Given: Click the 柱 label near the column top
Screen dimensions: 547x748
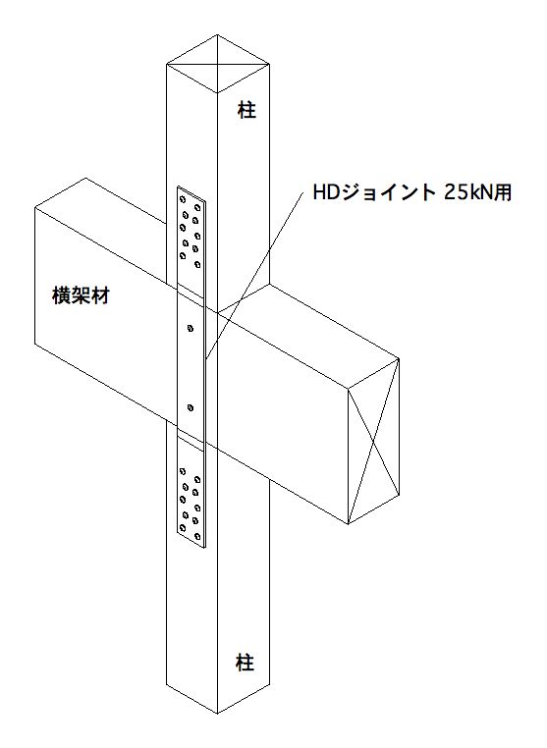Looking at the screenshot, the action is coord(246,110).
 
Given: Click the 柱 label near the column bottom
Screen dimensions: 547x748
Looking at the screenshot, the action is coord(245,663).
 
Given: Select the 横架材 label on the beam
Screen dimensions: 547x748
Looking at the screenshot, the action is coord(81,295).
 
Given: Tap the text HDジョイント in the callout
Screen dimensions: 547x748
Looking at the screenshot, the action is coord(374,192).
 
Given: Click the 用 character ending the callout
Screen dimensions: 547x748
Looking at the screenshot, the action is coord(503,192).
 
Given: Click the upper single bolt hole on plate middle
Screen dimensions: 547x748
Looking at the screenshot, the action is coord(191,328).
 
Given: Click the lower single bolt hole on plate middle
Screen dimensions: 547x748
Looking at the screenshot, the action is coord(191,407).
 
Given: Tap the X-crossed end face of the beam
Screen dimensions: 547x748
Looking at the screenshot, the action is coord(373,442).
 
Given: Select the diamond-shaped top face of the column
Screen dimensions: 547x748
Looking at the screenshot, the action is coord(218,64).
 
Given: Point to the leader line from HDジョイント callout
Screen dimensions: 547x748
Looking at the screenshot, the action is coord(254,275).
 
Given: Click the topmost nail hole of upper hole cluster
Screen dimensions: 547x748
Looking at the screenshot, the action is coord(183,199).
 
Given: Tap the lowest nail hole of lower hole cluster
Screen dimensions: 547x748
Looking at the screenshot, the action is coord(196,536).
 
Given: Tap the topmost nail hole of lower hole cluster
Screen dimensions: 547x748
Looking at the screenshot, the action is coord(183,471).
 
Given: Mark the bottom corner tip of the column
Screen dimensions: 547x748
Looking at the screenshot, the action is coord(217,714).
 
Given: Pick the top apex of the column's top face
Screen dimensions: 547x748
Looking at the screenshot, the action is coord(218,34).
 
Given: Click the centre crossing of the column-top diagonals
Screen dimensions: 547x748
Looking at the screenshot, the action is coord(218,64).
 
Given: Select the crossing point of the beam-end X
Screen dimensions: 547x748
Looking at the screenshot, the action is coord(373,442).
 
